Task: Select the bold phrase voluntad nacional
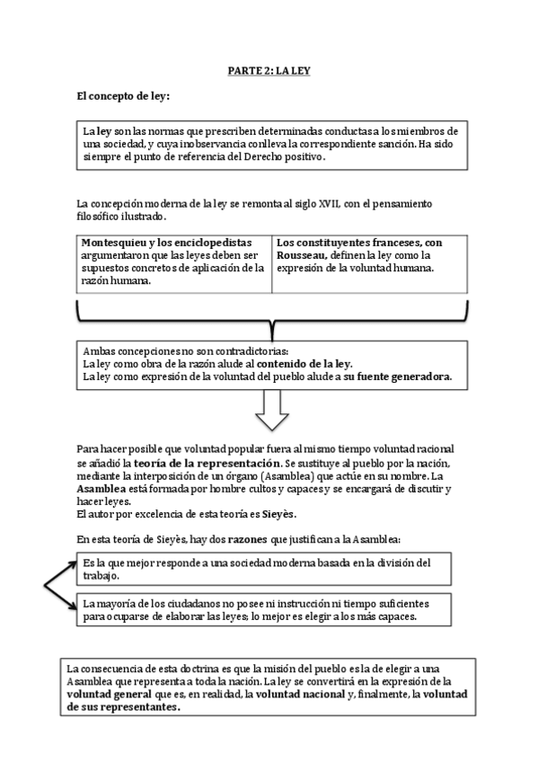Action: coord(298,694)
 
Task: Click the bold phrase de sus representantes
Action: coord(124,706)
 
